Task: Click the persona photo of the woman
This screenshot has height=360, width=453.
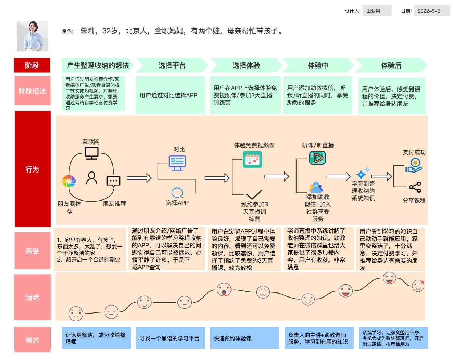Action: click(x=32, y=36)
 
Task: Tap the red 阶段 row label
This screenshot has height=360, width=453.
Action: click(x=32, y=65)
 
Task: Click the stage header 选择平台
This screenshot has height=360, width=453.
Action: click(x=172, y=65)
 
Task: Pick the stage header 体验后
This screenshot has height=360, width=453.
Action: click(x=391, y=65)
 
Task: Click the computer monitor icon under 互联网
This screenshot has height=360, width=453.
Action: click(x=91, y=153)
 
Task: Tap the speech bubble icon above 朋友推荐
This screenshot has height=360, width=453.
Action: click(x=114, y=181)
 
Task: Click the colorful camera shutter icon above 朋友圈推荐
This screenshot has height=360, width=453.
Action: click(x=69, y=181)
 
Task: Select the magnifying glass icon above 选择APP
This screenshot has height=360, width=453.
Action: click(x=177, y=193)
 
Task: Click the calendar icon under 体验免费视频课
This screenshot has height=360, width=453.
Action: click(x=252, y=159)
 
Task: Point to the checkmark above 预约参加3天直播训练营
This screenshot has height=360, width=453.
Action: click(x=254, y=194)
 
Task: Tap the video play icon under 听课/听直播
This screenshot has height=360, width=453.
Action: click(x=318, y=158)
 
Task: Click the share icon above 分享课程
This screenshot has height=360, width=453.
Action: click(x=415, y=187)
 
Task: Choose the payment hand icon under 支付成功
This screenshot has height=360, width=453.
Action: click(x=414, y=165)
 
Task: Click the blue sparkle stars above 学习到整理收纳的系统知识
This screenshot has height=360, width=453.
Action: click(x=363, y=173)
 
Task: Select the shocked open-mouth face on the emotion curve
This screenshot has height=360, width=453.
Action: click(x=224, y=290)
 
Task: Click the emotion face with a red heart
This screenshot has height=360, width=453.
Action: click(x=418, y=286)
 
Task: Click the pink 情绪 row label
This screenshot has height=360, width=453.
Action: click(x=32, y=298)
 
